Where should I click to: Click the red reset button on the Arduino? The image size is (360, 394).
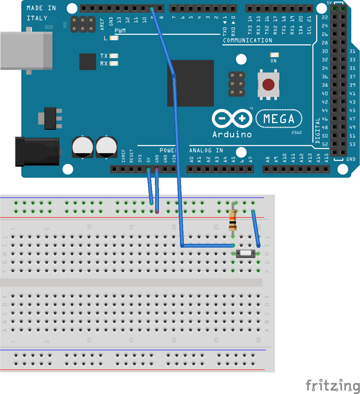click(x=268, y=85)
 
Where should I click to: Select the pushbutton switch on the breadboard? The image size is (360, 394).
click(x=246, y=253)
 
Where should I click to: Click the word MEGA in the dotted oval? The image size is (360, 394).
click(x=279, y=119)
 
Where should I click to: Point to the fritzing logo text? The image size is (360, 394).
click(x=333, y=385)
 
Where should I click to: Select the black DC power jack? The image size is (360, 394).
click(x=37, y=151)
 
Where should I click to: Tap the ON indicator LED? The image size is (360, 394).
click(x=274, y=55)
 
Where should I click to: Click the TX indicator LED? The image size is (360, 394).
click(x=114, y=56)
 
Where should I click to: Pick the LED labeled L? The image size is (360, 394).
click(x=114, y=38)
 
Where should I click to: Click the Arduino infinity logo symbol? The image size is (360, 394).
click(x=232, y=118)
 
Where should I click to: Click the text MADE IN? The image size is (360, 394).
click(x=41, y=8)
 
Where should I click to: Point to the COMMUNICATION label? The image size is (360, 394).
click(x=248, y=41)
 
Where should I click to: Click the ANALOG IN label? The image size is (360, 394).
click(x=206, y=150)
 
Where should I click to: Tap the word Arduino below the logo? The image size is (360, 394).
click(x=232, y=134)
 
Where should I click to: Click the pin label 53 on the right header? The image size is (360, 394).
click(x=352, y=144)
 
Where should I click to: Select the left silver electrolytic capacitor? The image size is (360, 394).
click(x=83, y=147)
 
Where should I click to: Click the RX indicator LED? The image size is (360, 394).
click(x=114, y=63)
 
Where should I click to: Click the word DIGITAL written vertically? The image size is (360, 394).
click(x=317, y=130)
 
